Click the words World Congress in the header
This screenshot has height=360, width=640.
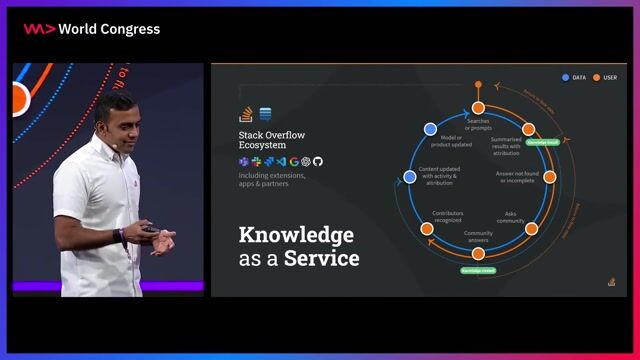tap(109, 29)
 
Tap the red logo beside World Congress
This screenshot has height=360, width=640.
tap(39, 29)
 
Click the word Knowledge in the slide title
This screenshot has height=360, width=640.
tap(295, 235)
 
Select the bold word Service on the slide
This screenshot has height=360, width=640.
tap(322, 259)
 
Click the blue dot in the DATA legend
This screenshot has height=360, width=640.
tap(566, 77)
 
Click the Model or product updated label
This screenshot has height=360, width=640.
tap(449, 141)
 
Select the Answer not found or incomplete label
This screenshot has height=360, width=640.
tap(519, 176)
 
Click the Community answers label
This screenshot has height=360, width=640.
tap(477, 237)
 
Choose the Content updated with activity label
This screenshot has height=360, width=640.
tap(439, 176)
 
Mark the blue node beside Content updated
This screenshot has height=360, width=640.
tap(409, 177)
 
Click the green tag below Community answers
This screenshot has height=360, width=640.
tap(477, 271)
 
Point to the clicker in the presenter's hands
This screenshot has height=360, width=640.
tap(150, 229)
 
